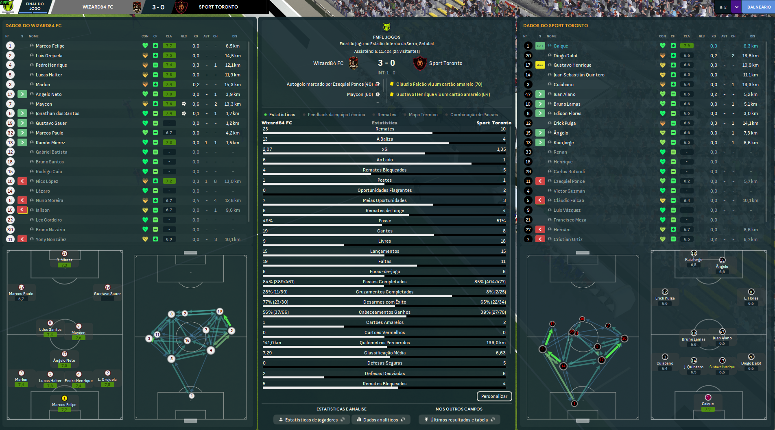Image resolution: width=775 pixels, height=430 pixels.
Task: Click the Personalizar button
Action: click(x=494, y=396)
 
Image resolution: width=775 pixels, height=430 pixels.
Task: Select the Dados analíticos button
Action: click(x=380, y=420)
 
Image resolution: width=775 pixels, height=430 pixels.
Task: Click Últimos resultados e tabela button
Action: click(x=459, y=420)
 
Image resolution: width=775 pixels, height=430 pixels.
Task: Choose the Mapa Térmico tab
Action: click(x=423, y=115)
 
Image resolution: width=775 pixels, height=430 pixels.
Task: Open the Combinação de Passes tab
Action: click(x=474, y=115)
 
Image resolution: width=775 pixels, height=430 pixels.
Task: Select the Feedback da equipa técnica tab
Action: click(x=336, y=115)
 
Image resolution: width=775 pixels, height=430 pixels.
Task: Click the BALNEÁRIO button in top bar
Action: click(x=759, y=7)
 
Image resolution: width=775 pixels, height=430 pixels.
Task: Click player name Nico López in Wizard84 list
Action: click(x=47, y=181)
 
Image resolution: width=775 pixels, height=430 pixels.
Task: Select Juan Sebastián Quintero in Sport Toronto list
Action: click(x=579, y=75)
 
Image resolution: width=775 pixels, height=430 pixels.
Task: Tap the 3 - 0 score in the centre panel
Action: click(x=386, y=63)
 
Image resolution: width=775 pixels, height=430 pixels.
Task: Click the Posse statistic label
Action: click(x=385, y=221)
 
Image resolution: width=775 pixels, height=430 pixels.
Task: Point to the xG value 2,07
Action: click(x=267, y=149)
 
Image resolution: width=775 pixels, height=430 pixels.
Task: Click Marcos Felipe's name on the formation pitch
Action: click(x=64, y=405)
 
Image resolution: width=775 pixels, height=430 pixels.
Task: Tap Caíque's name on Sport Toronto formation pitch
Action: click(x=707, y=404)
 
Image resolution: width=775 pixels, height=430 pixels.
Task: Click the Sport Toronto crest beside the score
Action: click(x=419, y=63)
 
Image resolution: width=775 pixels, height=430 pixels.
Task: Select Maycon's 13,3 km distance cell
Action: click(x=232, y=104)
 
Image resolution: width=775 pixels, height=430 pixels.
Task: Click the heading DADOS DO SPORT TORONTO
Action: click(x=555, y=26)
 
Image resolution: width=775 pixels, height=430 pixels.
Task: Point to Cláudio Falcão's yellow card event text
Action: click(x=439, y=84)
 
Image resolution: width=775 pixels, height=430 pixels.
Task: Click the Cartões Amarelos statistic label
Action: click(x=385, y=322)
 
